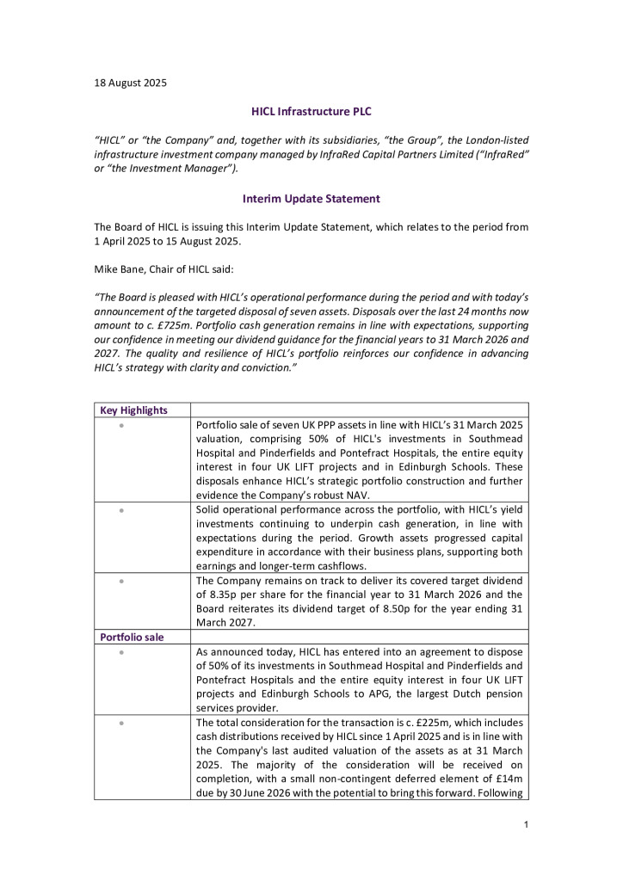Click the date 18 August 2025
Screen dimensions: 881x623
[130, 83]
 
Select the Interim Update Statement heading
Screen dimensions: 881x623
[311, 199]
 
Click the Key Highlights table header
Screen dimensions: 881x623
[133, 410]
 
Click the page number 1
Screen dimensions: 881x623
[523, 827]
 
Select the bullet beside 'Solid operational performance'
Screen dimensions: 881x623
[123, 510]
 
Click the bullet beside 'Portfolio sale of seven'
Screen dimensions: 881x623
[123, 425]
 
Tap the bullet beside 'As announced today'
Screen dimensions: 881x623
[123, 652]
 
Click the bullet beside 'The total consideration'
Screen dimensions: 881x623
[123, 723]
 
